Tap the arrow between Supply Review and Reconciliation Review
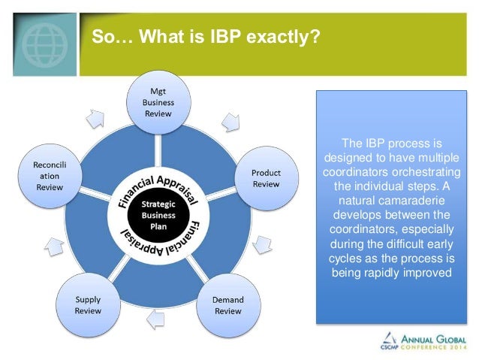pos(53,246)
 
